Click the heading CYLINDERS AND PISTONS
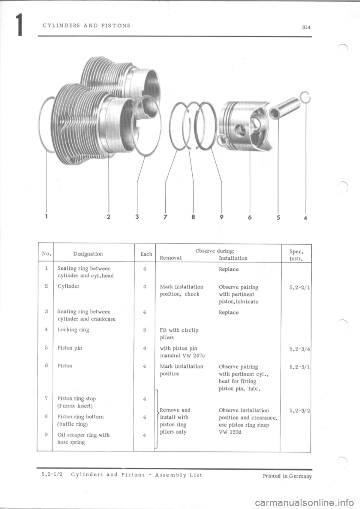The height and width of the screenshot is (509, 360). tap(87, 26)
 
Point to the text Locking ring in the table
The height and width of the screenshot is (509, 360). tap(73, 330)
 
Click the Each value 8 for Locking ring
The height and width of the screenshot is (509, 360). tap(144, 330)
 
